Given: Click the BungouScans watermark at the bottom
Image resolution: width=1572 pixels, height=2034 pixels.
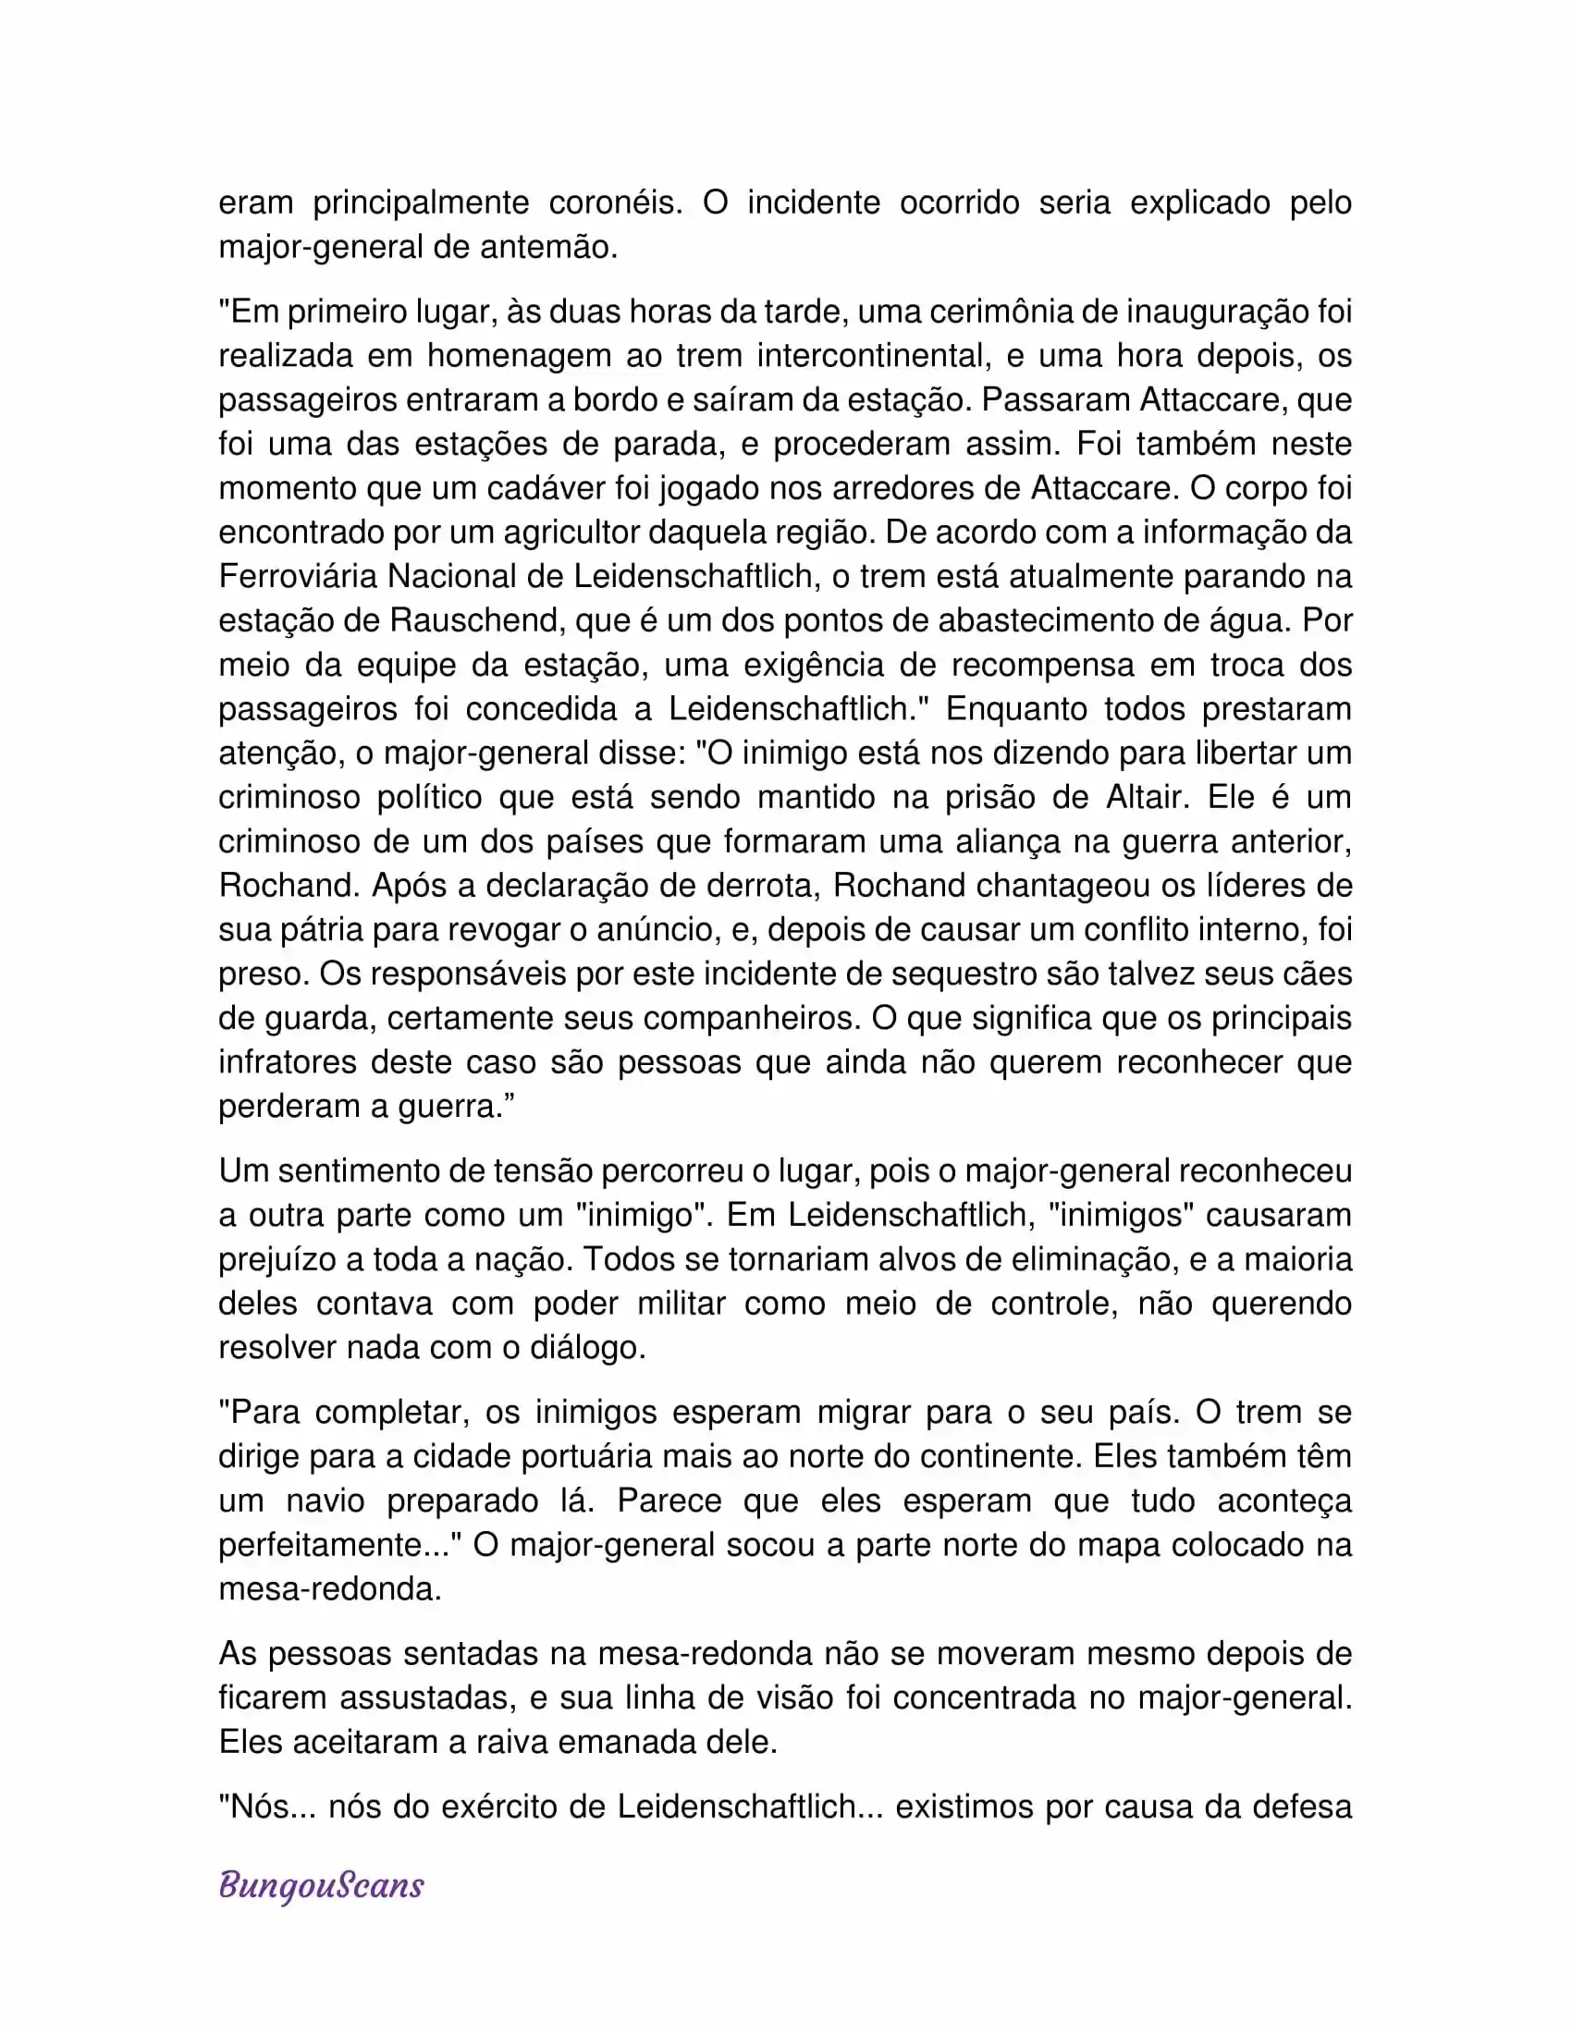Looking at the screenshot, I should (321, 1885).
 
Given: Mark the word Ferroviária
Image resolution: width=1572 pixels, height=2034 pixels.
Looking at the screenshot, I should (298, 577).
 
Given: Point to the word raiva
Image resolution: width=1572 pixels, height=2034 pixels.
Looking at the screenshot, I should (516, 1743).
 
